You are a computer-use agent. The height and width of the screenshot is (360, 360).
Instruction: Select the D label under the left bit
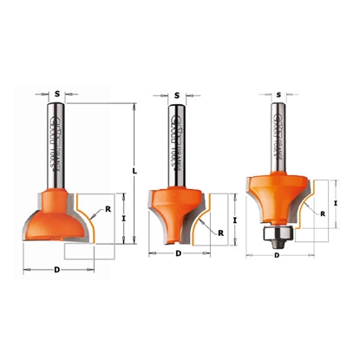coord(57,271)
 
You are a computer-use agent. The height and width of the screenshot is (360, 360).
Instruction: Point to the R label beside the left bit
coord(108,209)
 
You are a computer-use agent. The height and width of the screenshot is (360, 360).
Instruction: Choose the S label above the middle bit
coord(176,95)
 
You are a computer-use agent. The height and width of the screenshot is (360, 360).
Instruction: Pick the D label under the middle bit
coord(178,253)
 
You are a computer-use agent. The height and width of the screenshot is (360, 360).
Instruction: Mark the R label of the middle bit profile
coord(220,232)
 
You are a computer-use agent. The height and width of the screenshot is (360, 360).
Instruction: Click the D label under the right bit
coord(278,256)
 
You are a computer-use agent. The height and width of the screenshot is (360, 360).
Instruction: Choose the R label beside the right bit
coord(322,213)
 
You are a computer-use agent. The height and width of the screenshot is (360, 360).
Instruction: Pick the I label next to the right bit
coord(335,201)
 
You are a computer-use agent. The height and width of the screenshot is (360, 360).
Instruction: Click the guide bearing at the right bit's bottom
coord(277,234)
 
